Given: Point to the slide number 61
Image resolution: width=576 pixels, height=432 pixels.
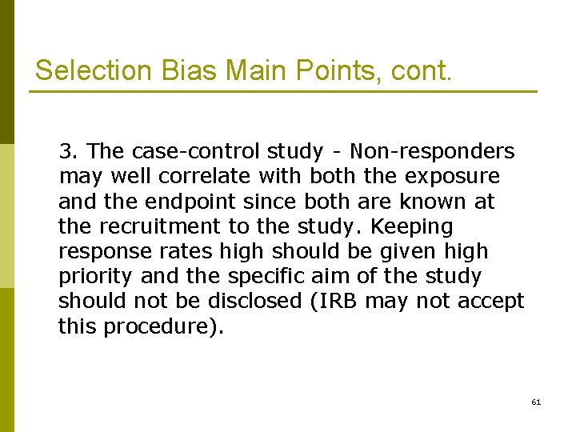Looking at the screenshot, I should [x=536, y=402].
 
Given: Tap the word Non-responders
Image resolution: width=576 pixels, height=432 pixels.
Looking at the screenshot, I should [x=433, y=150].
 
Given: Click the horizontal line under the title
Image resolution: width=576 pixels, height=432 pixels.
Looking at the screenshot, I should [x=284, y=91].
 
